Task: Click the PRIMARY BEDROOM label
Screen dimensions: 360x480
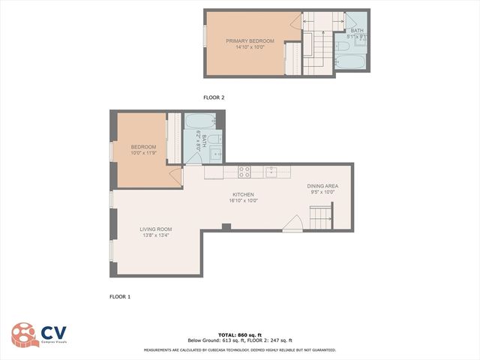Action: click(x=250, y=40)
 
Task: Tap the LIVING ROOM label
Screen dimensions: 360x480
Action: click(x=156, y=229)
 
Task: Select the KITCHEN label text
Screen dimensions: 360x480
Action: click(x=243, y=194)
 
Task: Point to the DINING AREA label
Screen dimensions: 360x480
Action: click(x=322, y=186)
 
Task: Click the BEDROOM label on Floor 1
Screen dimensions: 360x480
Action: click(x=143, y=146)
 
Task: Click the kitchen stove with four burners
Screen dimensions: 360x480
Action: click(x=244, y=171)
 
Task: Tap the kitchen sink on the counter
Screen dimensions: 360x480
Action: click(x=271, y=171)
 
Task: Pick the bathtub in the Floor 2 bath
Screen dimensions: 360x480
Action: click(x=349, y=60)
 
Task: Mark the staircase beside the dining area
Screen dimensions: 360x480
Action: click(x=320, y=219)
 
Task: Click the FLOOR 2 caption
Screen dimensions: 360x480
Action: click(x=214, y=97)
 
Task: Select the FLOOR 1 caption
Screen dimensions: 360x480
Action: click(x=120, y=297)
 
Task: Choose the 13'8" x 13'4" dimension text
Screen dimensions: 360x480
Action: click(x=156, y=236)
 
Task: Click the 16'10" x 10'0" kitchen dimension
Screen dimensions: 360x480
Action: click(x=243, y=200)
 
